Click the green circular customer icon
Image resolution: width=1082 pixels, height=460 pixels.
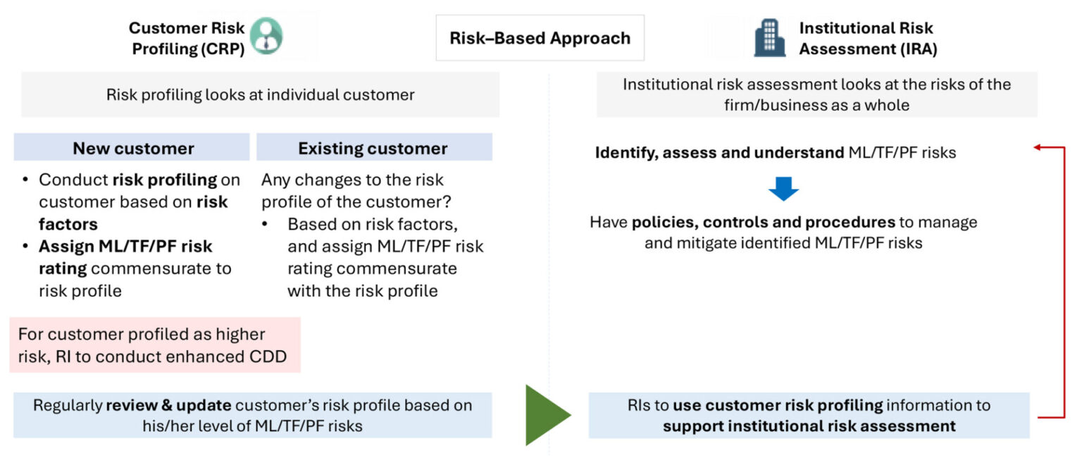(x=266, y=36)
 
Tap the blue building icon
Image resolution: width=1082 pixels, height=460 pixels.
(x=769, y=37)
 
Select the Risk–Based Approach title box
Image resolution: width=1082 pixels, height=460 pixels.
(x=540, y=38)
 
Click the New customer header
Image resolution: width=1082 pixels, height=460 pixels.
(x=132, y=148)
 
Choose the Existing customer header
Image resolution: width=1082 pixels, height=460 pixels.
(x=373, y=148)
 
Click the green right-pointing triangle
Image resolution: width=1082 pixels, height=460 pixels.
(x=547, y=415)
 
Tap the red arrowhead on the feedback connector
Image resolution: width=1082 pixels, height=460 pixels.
(x=1038, y=147)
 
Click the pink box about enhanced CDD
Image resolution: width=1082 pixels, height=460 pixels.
(x=154, y=345)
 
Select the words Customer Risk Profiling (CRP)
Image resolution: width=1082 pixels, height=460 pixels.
(x=187, y=38)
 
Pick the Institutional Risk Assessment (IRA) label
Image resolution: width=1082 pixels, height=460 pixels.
(x=867, y=38)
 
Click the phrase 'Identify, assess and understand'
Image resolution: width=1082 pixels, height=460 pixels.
(x=719, y=152)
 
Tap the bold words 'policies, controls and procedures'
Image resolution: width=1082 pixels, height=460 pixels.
(x=763, y=223)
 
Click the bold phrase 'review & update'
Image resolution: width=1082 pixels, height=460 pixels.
(x=168, y=406)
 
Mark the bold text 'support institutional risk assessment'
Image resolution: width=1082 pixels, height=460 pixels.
(x=809, y=425)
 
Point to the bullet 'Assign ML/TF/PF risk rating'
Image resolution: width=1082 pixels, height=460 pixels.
(x=125, y=247)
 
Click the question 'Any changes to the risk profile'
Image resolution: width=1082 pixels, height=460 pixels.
(x=356, y=190)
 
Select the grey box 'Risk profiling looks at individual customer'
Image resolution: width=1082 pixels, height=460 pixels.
(x=260, y=94)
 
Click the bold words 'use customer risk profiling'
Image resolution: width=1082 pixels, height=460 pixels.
(x=777, y=406)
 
